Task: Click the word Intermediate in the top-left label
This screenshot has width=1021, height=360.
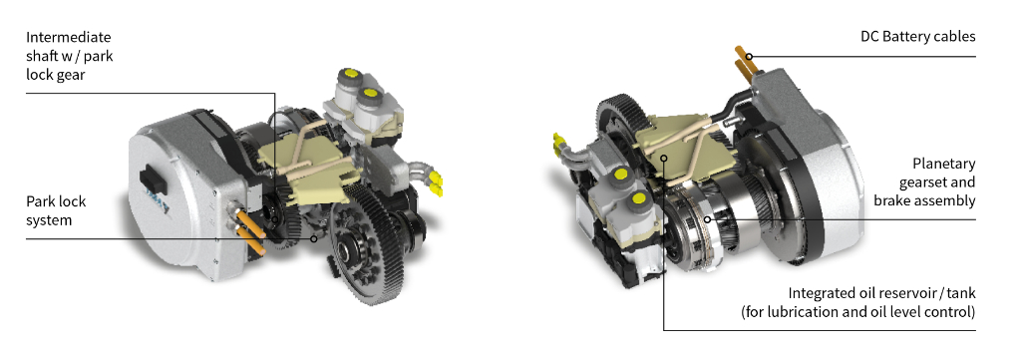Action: point(69,37)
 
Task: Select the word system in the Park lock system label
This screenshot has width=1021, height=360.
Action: point(49,220)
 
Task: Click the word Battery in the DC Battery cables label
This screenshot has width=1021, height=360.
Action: point(907,37)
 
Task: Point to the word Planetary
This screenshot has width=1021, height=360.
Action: point(943,164)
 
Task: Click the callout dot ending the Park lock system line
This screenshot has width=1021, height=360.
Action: point(313,239)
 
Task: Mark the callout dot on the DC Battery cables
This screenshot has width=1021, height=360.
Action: point(750,57)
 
